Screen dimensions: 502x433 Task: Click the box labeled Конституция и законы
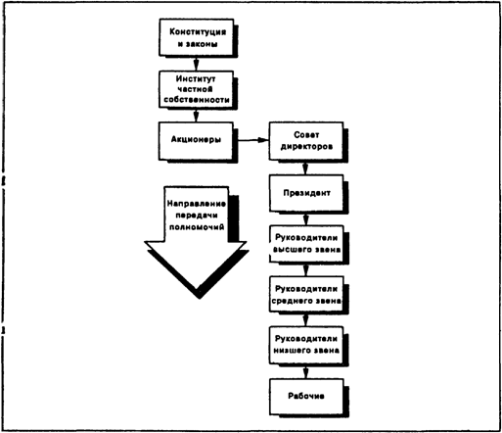tap(197, 37)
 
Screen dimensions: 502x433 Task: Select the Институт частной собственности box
tap(197, 89)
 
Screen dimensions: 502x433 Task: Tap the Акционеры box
tap(197, 141)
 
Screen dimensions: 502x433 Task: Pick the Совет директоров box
tap(306, 141)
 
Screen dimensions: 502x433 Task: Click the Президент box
tap(306, 193)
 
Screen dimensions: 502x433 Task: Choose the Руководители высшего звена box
tap(306, 244)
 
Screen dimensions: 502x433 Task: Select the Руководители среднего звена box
tap(306, 295)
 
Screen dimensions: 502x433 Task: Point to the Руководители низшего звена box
tap(306, 345)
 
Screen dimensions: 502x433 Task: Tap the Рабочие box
tap(306, 396)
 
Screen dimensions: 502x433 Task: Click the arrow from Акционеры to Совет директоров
tap(252, 140)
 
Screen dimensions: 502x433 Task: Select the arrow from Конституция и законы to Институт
tap(196, 64)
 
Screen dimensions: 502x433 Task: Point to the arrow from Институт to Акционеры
tap(196, 115)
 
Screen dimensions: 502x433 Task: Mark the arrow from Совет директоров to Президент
tap(305, 168)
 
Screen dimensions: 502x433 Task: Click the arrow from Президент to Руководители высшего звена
tap(305, 218)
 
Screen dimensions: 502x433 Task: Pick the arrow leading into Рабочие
tap(305, 371)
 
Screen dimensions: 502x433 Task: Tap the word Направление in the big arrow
tap(197, 204)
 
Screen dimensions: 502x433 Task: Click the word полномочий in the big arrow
tap(197, 227)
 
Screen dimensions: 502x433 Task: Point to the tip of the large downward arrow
tap(197, 289)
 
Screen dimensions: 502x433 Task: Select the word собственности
tap(197, 100)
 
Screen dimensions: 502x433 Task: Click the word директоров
tap(306, 147)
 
